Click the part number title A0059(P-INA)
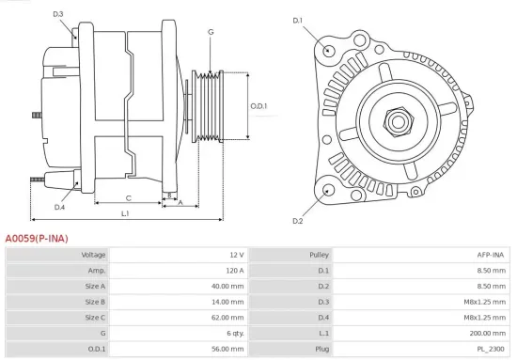point(37,239)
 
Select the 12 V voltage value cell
point(235,255)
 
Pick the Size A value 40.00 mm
point(229,286)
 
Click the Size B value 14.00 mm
point(229,302)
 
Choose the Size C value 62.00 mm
point(229,317)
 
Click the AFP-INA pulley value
point(491,255)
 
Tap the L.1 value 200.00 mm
point(487,333)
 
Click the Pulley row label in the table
point(319,255)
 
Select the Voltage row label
point(94,255)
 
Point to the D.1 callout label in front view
point(298,20)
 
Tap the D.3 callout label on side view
point(58,14)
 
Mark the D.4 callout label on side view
point(59,207)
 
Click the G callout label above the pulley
point(211,33)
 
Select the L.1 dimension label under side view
point(125,214)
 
